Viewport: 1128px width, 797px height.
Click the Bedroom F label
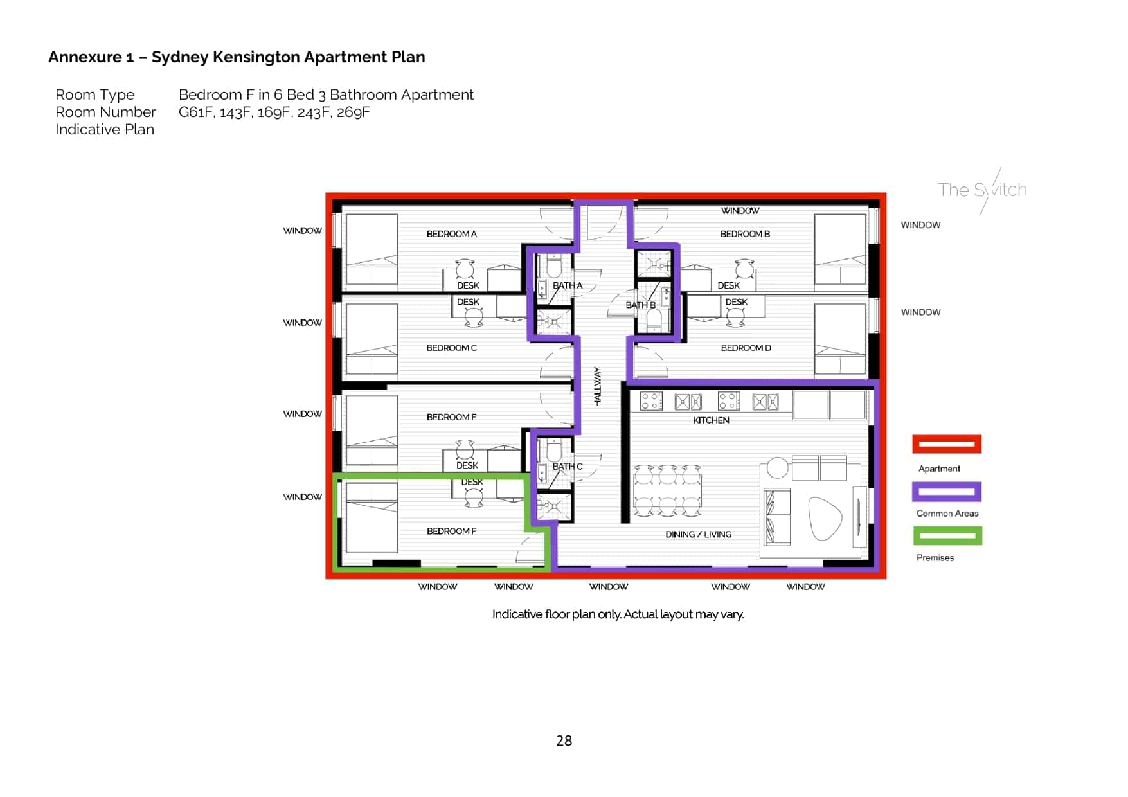(x=451, y=532)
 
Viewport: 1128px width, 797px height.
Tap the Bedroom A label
(x=451, y=234)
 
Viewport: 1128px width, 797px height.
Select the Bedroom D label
(x=746, y=348)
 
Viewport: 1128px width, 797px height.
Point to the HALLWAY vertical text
(x=598, y=387)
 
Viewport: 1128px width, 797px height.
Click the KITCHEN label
(x=711, y=420)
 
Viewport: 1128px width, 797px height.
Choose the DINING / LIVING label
(x=698, y=535)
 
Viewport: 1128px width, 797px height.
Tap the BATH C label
(x=567, y=467)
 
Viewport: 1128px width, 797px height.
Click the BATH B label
(x=640, y=305)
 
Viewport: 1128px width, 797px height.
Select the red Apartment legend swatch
(x=947, y=444)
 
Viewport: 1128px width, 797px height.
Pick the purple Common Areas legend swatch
(x=947, y=492)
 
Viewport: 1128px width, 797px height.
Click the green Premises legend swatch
(x=947, y=535)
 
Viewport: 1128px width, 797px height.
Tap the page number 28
(x=564, y=741)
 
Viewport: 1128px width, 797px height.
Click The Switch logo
(x=981, y=190)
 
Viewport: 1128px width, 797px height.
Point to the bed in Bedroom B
(x=839, y=251)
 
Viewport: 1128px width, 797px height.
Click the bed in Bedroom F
(x=372, y=517)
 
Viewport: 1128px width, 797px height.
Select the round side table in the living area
(x=777, y=468)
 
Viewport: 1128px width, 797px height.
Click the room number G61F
(x=195, y=112)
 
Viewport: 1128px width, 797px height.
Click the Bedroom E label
(x=451, y=417)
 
